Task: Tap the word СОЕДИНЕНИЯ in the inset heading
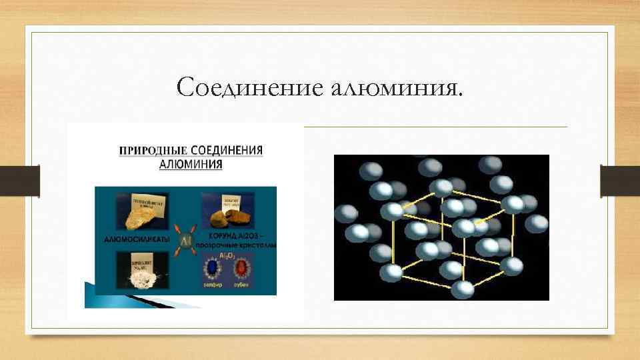click(x=229, y=150)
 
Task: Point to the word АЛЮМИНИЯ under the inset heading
click(x=191, y=165)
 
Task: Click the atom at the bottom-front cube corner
click(x=462, y=289)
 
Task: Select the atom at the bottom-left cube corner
click(x=394, y=272)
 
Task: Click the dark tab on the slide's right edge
click(x=611, y=180)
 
